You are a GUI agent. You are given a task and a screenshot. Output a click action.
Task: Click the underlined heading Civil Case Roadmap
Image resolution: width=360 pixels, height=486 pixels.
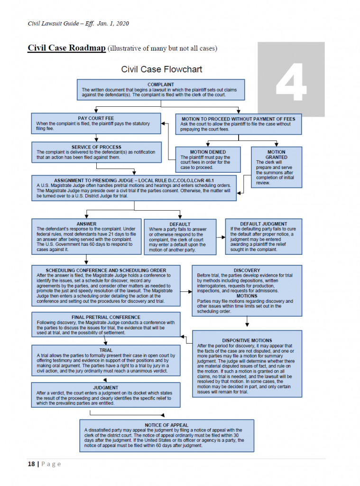coord(66,48)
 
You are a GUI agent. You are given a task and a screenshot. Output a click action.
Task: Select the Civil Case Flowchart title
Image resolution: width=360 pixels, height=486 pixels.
coord(161,69)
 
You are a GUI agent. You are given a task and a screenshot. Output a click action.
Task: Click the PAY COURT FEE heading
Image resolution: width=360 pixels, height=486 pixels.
coord(96,118)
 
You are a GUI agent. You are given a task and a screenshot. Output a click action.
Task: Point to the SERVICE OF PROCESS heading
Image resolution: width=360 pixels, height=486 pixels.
coord(96,147)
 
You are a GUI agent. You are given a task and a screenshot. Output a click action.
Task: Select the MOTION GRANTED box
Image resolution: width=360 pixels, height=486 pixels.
coord(276,166)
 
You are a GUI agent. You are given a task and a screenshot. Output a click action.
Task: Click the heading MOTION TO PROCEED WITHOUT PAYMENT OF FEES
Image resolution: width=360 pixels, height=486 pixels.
coord(238,119)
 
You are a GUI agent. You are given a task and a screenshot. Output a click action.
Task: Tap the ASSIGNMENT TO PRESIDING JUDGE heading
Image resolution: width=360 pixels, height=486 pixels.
coord(134,181)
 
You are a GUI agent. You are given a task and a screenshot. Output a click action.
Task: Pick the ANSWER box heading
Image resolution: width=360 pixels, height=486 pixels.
coord(86,224)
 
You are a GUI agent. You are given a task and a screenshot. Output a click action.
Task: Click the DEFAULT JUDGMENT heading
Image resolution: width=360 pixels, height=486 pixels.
coord(263,224)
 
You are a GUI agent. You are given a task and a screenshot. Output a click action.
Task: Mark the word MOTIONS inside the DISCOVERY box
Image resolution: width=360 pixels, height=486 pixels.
coord(247,296)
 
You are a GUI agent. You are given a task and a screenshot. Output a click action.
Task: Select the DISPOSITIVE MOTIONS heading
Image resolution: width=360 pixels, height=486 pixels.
coord(247,340)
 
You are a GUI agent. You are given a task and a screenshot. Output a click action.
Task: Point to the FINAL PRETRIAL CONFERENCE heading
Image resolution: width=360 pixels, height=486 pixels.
coord(106,317)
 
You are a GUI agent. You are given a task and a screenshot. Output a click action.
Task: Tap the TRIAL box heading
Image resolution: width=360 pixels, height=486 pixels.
coord(106,350)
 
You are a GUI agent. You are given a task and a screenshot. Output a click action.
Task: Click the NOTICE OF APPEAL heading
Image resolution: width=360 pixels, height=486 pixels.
coord(166,425)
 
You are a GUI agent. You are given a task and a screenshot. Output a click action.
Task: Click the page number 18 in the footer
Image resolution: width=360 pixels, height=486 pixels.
coord(31,464)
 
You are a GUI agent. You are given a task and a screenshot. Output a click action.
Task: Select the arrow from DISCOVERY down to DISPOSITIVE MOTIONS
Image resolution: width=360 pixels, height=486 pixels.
coord(247,323)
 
